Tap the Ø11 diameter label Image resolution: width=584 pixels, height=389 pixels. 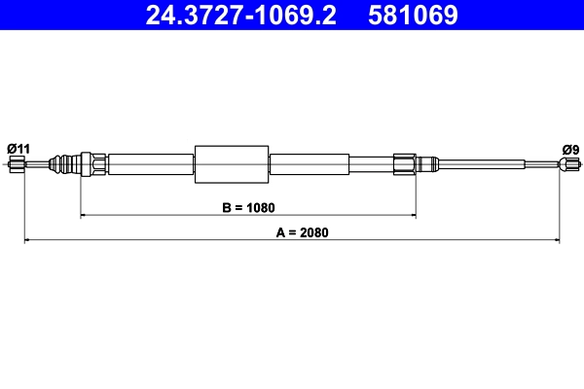tap(18, 148)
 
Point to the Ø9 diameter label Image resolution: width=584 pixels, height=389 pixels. tap(570, 148)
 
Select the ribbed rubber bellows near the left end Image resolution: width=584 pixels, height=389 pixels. tap(66, 163)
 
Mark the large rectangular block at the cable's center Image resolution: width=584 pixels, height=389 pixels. tap(232, 163)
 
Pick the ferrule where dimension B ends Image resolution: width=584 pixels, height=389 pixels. tap(405, 163)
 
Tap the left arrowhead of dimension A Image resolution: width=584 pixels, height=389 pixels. tap(27, 239)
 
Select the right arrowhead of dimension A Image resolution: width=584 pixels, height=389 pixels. tap(556, 239)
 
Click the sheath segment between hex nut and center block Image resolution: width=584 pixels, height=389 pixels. tap(151, 163)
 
